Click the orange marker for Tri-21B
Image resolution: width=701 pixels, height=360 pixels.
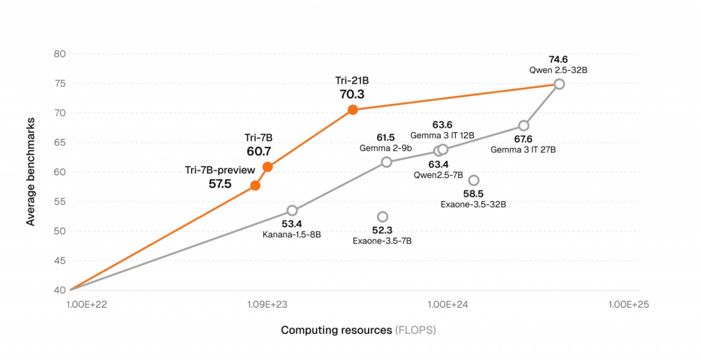click(352, 109)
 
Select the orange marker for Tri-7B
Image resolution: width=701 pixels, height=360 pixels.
click(268, 167)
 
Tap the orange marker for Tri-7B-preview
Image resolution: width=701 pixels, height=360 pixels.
click(255, 186)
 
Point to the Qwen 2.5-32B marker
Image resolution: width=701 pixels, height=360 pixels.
click(559, 84)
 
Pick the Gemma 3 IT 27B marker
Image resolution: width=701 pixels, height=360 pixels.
click(524, 126)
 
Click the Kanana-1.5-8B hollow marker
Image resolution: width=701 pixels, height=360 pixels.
click(292, 210)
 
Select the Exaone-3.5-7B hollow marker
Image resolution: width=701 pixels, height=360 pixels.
click(383, 217)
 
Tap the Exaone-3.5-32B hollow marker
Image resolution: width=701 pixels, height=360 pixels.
click(474, 180)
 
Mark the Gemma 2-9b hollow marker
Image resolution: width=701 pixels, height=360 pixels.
click(386, 162)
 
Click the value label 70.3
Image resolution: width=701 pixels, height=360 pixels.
click(352, 94)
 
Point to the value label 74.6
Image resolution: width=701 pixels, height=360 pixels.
click(558, 59)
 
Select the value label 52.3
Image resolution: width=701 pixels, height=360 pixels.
click(383, 230)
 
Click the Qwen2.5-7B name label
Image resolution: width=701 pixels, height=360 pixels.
click(438, 175)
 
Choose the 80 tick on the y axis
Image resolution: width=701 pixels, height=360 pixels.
click(60, 54)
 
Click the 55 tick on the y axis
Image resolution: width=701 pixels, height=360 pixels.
click(60, 202)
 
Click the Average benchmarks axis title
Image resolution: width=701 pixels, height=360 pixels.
click(30, 172)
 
